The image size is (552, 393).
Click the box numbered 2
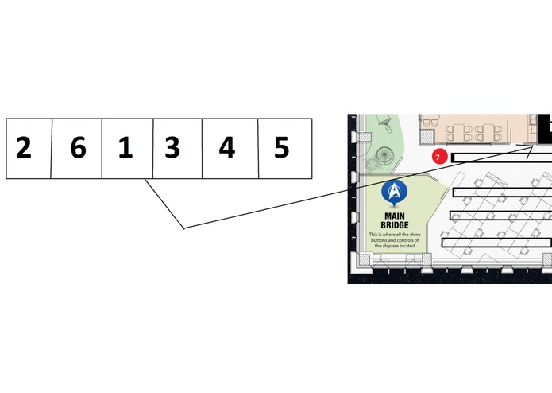pyautogui.click(x=29, y=149)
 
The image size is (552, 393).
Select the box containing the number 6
pyautogui.click(x=76, y=149)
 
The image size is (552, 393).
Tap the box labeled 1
pyautogui.click(x=127, y=149)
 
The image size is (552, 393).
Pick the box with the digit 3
pyautogui.click(x=177, y=149)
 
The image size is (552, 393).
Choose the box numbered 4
pyautogui.click(x=230, y=149)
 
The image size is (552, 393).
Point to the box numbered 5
pyautogui.click(x=285, y=149)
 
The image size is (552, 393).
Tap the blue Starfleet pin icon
pyautogui.click(x=394, y=193)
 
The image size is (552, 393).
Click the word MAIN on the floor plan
pyautogui.click(x=395, y=216)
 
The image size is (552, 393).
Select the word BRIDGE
pyautogui.click(x=395, y=225)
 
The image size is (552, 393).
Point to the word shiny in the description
pyautogui.click(x=414, y=235)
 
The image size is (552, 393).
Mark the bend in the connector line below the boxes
pyautogui.click(x=183, y=228)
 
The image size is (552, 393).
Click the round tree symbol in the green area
pyautogui.click(x=384, y=155)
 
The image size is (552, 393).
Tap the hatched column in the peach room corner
pyautogui.click(x=427, y=137)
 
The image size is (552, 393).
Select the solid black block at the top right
pyautogui.click(x=545, y=129)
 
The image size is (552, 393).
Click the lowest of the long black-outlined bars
pyautogui.click(x=496, y=243)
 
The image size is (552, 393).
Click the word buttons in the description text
pyautogui.click(x=379, y=240)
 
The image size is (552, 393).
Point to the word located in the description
pyautogui.click(x=407, y=246)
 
